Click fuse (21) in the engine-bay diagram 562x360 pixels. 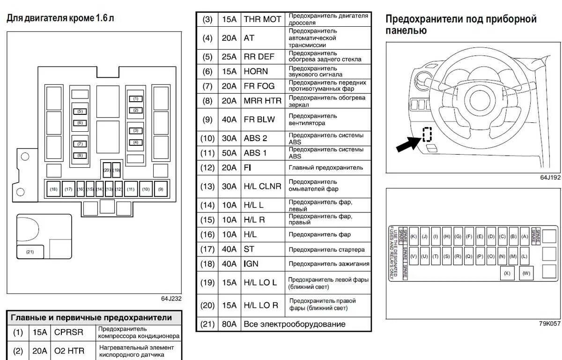point(30,252)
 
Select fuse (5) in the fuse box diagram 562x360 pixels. point(80,111)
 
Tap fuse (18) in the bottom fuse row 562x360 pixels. point(53,189)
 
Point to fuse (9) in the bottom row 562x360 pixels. point(161,189)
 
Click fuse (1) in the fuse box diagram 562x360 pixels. point(136,99)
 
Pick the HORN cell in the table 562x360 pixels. point(256,71)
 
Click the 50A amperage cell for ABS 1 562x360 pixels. point(229,153)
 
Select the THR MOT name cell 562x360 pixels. point(262,19)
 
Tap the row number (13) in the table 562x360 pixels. point(207,186)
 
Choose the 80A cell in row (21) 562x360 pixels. point(229,324)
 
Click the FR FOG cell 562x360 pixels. point(259,86)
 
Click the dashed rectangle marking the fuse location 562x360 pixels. point(427,134)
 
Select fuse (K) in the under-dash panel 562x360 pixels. point(414,236)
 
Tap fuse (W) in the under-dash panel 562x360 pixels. point(526,273)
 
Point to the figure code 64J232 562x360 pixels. point(171,299)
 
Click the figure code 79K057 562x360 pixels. point(549,323)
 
